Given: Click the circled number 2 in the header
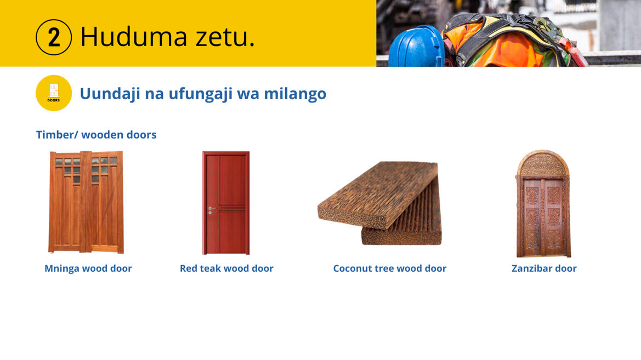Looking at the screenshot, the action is (x=54, y=37).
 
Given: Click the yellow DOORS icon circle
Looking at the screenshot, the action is (x=54, y=93).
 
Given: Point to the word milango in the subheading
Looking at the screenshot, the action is (x=295, y=94).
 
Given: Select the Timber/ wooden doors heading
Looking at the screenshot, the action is (x=96, y=134).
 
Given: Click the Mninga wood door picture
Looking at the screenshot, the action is (x=86, y=202).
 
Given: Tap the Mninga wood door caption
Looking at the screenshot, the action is (x=88, y=268).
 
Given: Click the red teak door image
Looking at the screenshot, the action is (x=226, y=203).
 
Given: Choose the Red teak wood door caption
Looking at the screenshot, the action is (x=226, y=268).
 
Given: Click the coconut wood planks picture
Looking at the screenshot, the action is (x=380, y=203).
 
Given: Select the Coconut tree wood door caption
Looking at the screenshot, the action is (x=389, y=268).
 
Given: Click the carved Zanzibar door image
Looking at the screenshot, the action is (x=543, y=203).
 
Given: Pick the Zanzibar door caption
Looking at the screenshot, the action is (x=544, y=268).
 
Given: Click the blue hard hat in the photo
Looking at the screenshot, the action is (x=416, y=47).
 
